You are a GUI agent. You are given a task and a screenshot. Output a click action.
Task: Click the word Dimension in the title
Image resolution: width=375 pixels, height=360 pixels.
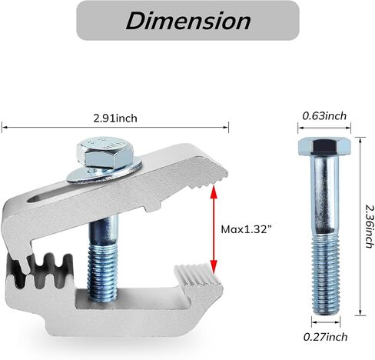pyautogui.click(x=188, y=21)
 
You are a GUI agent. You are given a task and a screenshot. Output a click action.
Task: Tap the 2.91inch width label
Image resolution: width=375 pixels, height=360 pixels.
pyautogui.click(x=115, y=118)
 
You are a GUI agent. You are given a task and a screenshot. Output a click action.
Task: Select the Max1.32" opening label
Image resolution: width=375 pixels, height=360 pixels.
pyautogui.click(x=246, y=229)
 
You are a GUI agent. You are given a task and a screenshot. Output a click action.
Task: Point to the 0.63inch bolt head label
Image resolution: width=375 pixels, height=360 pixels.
pyautogui.click(x=324, y=116)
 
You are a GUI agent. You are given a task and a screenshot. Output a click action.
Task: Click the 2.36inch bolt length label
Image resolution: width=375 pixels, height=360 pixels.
pyautogui.click(x=369, y=226)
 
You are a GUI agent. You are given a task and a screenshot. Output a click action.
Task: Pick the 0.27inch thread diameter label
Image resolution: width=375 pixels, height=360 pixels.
pyautogui.click(x=325, y=337)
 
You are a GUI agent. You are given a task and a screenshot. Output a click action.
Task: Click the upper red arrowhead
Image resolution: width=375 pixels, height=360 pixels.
pyautogui.click(x=214, y=192)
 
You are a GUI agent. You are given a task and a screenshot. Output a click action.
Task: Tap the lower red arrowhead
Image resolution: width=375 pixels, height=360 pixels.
pyautogui.click(x=214, y=265)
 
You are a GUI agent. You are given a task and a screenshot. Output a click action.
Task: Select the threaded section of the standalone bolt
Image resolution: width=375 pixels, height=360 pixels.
pyautogui.click(x=326, y=275)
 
